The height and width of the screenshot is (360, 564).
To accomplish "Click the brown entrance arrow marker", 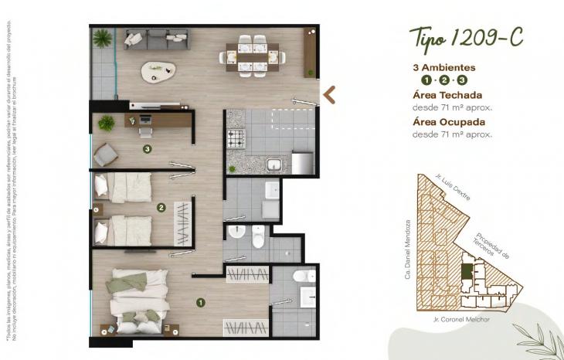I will click(x=329, y=94).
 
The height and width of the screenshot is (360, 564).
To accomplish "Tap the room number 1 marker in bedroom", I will click(x=200, y=303).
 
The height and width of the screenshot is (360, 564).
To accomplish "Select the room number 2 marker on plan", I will click(x=161, y=207).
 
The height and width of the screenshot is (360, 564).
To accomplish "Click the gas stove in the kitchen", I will click(x=235, y=139).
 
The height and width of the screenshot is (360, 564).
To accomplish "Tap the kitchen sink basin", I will click(x=274, y=164).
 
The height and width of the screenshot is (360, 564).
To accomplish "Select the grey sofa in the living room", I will click(x=157, y=39).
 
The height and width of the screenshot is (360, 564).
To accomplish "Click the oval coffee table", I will click(x=158, y=72).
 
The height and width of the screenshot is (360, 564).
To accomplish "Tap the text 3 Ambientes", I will click(x=443, y=67).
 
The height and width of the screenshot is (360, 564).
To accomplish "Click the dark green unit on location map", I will click(x=467, y=272).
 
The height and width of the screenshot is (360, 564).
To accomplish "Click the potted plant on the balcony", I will click(x=101, y=37).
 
